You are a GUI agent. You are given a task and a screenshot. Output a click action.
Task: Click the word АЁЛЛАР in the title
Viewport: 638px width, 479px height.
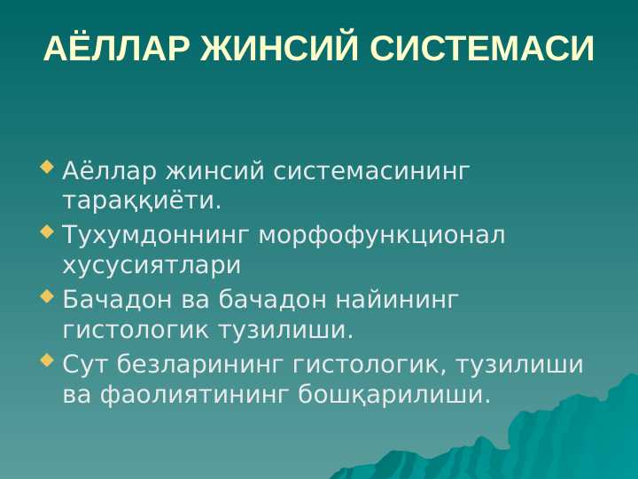tap(116, 50)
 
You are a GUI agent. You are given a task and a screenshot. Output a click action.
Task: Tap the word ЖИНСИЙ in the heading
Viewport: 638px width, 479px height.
tap(280, 50)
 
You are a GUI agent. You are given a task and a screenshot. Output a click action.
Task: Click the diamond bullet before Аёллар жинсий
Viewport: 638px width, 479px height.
tap(47, 165)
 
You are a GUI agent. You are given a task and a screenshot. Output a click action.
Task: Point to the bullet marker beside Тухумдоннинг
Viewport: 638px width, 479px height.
tap(47, 232)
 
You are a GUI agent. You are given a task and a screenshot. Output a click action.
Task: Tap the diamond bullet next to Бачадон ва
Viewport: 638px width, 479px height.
tap(47, 296)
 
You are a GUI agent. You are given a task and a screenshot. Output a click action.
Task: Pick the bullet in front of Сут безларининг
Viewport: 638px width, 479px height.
tap(47, 360)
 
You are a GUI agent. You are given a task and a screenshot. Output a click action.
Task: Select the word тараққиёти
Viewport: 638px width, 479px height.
tap(141, 201)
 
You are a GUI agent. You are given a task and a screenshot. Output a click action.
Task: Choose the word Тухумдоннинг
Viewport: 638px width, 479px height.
tap(157, 235)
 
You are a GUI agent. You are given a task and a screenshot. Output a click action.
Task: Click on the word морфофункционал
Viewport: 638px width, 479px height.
tap(382, 235)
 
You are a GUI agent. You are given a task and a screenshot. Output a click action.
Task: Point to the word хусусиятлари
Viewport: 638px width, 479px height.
tap(151, 265)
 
